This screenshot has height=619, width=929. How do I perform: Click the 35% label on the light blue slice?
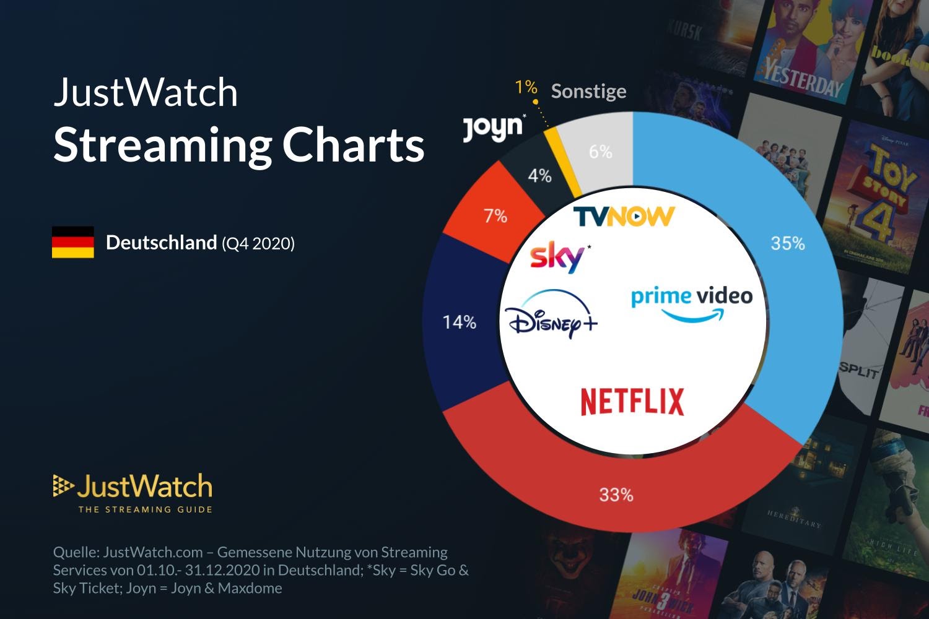(x=787, y=243)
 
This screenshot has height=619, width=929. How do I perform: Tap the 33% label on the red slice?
(x=616, y=495)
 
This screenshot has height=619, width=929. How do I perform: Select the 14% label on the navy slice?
(x=459, y=322)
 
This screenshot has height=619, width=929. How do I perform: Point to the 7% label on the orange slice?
(x=495, y=216)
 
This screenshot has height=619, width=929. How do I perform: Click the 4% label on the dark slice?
(x=539, y=176)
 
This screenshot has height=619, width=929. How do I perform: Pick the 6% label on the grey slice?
(x=600, y=152)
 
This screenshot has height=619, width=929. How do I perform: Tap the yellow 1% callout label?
(x=526, y=87)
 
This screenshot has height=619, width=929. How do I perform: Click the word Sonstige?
(x=588, y=92)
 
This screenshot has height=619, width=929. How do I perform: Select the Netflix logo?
(x=632, y=402)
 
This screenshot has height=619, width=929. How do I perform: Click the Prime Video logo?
(x=692, y=303)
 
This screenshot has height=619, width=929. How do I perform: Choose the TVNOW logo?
(x=623, y=216)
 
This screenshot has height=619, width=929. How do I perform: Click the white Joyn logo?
(x=493, y=128)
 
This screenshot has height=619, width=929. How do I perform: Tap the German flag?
(x=73, y=242)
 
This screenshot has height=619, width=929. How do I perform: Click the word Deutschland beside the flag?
(x=161, y=243)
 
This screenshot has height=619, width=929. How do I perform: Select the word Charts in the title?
(x=353, y=145)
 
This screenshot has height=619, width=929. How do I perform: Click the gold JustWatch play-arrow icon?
(x=63, y=486)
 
